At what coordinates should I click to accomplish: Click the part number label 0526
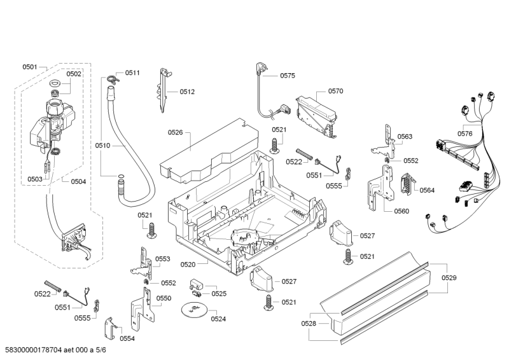pyautogui.click(x=175, y=132)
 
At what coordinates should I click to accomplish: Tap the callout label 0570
pyautogui.click(x=335, y=91)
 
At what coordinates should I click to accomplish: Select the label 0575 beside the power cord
pyautogui.click(x=287, y=76)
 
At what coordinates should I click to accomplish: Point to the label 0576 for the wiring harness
pyautogui.click(x=464, y=134)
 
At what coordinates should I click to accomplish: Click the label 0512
pyautogui.click(x=186, y=92)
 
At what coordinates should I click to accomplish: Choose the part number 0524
pyautogui.click(x=218, y=319)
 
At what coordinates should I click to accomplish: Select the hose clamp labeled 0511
pyautogui.click(x=112, y=80)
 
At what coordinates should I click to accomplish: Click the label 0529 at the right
pyautogui.click(x=449, y=277)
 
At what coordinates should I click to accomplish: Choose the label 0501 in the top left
pyautogui.click(x=30, y=67)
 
